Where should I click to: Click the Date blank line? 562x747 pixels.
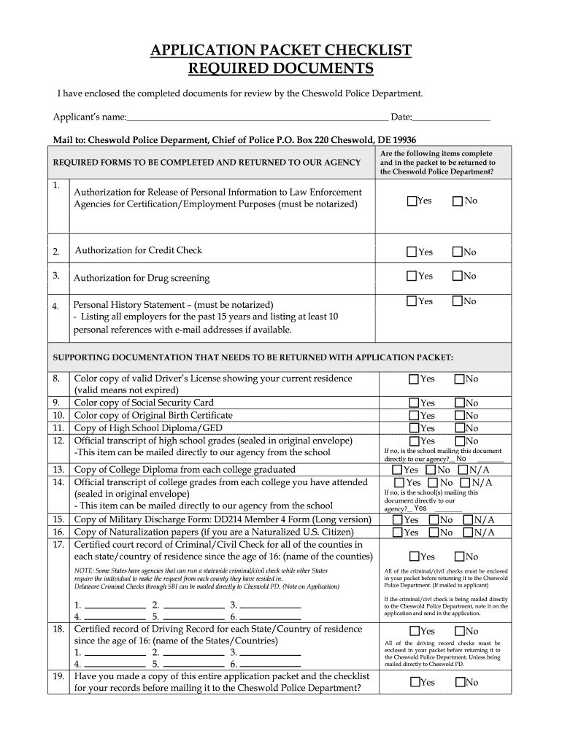[451, 117]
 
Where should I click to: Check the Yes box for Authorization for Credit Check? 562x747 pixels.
[412, 252]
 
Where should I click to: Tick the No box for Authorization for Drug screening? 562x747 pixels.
[458, 276]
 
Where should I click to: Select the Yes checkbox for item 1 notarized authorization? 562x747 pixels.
[412, 201]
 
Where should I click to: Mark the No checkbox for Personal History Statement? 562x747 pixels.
[458, 301]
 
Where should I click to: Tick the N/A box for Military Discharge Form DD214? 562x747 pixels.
[468, 520]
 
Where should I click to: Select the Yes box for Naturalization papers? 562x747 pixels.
[398, 533]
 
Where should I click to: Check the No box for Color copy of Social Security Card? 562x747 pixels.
[460, 403]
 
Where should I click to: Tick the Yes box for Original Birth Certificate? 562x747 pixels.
[415, 416]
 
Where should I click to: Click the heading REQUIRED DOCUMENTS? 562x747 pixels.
[281, 69]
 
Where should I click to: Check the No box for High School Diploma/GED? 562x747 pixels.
[460, 429]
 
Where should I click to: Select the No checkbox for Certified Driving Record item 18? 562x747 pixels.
[460, 631]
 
